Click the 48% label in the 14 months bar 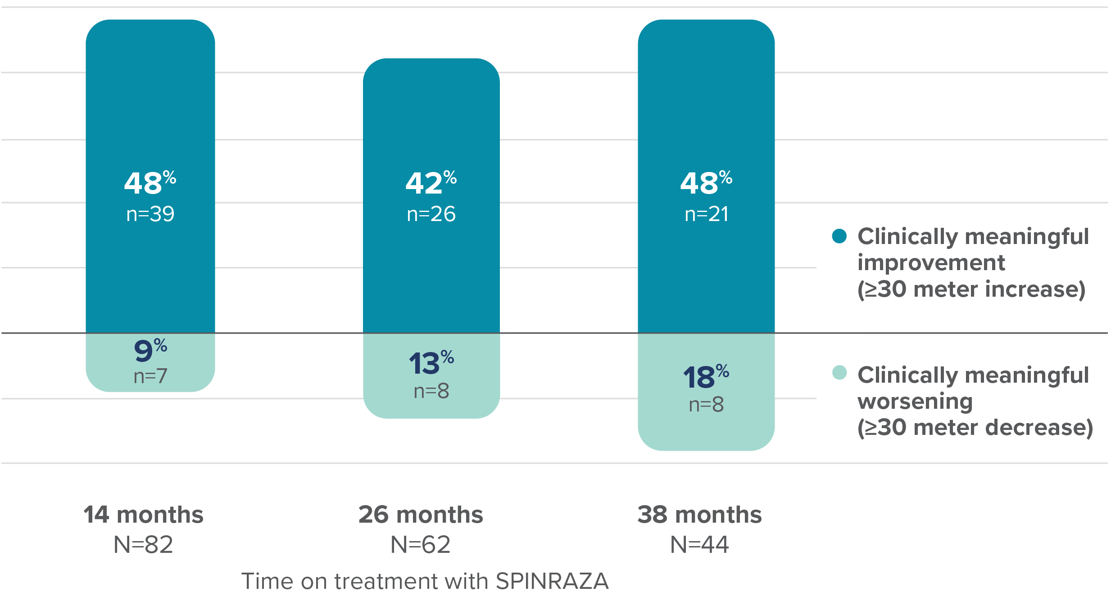coord(150,183)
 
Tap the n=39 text coord(150,214)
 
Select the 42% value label coord(431,183)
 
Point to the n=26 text coord(431,214)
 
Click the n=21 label coord(706,214)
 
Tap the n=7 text coord(150,376)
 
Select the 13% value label coord(431,363)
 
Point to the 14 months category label coord(143,515)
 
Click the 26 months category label coord(420,515)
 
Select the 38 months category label coord(699,515)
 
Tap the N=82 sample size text coord(143,545)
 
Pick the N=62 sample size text coord(420,545)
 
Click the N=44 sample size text coord(699,545)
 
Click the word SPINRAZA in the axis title coord(552,581)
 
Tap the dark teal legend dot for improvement coord(839,236)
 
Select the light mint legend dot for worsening coord(839,373)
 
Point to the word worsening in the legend coord(915,401)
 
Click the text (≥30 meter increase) coord(971,289)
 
